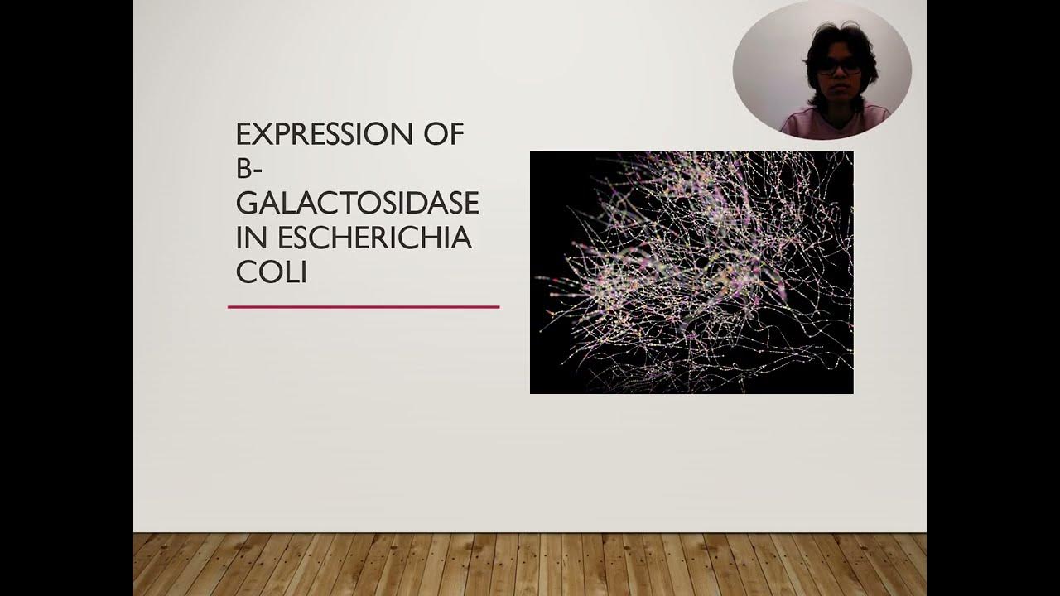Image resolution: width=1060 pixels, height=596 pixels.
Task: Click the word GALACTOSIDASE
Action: click(357, 204)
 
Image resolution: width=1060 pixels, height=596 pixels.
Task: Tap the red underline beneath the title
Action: click(364, 307)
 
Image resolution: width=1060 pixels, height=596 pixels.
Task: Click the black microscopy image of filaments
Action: click(691, 272)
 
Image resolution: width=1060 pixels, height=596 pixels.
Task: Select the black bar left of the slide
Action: click(66, 298)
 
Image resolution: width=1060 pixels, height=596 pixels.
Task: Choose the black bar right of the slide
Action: click(993, 298)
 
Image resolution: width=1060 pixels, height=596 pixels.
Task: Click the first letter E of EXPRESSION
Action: click(243, 134)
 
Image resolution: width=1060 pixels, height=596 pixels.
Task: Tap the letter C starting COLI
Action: click(245, 273)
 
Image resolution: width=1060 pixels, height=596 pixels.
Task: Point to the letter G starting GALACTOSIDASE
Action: click(246, 204)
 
